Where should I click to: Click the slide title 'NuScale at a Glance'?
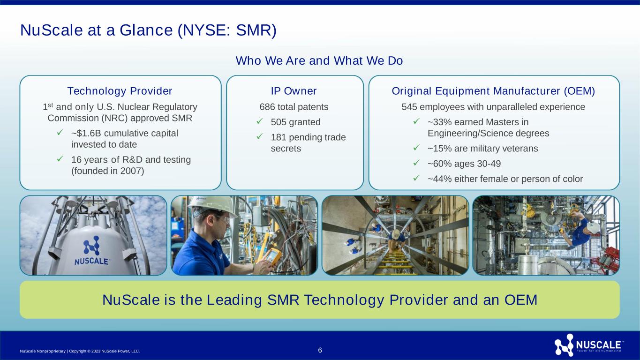click(x=97, y=30)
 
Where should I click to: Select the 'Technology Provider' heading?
click(x=120, y=91)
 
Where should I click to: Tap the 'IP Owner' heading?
click(x=294, y=91)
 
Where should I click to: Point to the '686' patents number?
click(x=267, y=107)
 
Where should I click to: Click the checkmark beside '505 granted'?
click(x=259, y=121)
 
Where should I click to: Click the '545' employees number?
click(x=409, y=107)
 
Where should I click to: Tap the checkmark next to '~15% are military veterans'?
click(x=416, y=148)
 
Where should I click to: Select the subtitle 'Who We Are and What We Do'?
click(x=319, y=60)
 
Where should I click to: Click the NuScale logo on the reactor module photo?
click(x=92, y=251)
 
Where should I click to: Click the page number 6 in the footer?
click(x=320, y=350)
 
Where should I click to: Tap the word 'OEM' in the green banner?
click(x=520, y=300)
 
